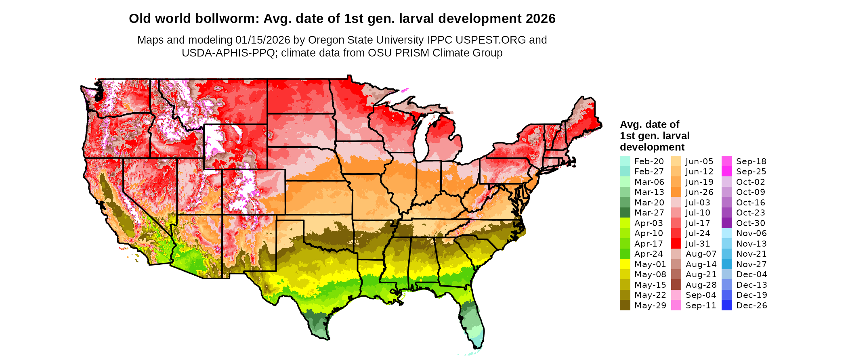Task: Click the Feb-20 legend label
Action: pos(649,161)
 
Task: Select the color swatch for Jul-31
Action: pos(676,244)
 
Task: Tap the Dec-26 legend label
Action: pos(751,306)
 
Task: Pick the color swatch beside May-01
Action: pos(625,264)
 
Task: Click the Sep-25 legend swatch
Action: pos(726,172)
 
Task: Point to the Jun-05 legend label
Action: pos(699,161)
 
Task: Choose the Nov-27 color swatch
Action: pos(726,264)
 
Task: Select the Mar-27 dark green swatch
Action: pos(625,213)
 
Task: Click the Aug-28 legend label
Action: pos(701,285)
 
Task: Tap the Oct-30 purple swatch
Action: pos(726,223)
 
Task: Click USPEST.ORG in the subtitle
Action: pos(491,40)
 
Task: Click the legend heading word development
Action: pos(652,147)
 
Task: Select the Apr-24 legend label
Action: pos(649,254)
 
